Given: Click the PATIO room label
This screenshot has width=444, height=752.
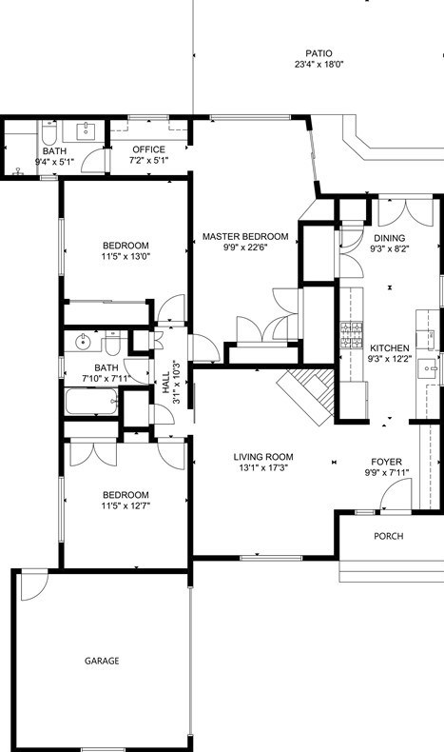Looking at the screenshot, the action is (319, 53).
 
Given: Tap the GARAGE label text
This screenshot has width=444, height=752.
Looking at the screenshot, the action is (102, 661).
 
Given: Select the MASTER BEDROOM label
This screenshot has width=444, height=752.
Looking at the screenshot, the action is (245, 236).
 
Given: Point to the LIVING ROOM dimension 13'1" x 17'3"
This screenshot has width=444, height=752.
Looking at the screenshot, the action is (263, 467).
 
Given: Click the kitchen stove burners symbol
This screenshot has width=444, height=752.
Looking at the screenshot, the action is (351, 335).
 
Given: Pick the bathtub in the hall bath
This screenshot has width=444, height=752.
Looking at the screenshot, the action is (91, 402).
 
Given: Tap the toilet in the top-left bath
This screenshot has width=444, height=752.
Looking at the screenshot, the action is (48, 133).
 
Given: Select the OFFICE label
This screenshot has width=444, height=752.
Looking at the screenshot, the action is (149, 149).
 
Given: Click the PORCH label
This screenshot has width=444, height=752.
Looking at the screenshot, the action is (389, 536).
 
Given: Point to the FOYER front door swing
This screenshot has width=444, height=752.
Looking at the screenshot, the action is (396, 494).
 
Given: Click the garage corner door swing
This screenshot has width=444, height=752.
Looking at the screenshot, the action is (34, 585).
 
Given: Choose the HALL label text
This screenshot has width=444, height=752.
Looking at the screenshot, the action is (165, 383).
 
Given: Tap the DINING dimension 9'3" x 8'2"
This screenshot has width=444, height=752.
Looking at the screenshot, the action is (390, 248).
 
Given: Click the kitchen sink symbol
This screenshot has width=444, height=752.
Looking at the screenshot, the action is (427, 369).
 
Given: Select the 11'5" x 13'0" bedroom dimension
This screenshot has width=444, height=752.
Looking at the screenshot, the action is (125, 256).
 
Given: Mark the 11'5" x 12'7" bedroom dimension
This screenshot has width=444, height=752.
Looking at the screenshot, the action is (125, 505).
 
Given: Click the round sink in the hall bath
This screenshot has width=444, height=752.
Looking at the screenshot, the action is (83, 342).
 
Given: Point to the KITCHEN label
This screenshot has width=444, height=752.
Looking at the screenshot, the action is (390, 348).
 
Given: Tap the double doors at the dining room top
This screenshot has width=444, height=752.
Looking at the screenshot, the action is (406, 211).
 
